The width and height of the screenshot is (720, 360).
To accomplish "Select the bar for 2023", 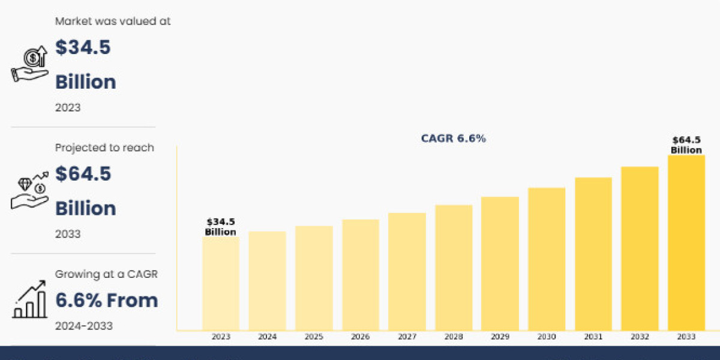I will tap(221, 283).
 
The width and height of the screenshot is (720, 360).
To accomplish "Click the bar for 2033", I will tap(686, 242).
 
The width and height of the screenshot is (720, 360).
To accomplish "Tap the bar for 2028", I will tap(454, 267).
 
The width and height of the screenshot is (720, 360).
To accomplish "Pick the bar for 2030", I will tap(547, 259).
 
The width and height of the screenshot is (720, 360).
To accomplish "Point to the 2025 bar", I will tap(314, 278).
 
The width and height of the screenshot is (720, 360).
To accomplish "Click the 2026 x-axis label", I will tap(361, 337).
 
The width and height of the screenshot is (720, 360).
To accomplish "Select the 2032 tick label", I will tap(640, 337).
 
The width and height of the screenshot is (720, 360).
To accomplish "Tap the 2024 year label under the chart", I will tap(268, 337).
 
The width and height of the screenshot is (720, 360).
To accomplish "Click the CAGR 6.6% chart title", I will tap(454, 139).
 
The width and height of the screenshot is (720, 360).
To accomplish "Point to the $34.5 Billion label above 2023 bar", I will tap(220, 227).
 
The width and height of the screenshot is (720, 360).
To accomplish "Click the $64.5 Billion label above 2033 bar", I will tap(686, 145).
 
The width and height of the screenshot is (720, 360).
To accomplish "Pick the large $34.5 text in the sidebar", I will tap(83, 48).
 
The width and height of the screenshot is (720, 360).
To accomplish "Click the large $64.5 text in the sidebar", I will tap(83, 174).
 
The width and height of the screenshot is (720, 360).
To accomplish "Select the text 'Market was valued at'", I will tap(113, 21).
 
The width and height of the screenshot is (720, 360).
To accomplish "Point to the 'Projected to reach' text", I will tap(104, 148).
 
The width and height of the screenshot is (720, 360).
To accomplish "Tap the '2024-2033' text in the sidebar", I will tap(84, 326).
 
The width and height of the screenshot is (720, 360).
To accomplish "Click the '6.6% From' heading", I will tap(107, 300).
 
